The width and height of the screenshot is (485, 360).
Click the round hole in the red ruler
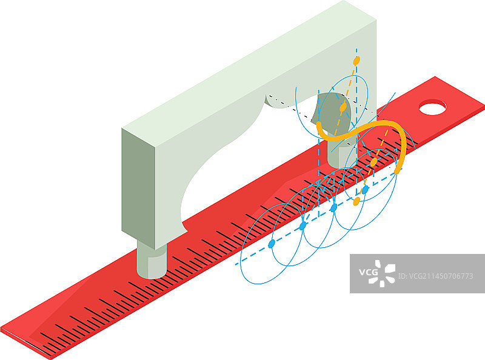tap(432, 107)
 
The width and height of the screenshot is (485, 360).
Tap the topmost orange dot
tap(356, 61)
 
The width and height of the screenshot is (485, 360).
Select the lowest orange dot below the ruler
tap(356, 201)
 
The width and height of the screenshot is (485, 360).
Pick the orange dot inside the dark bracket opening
tap(343, 107)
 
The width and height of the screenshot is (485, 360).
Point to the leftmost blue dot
tap(271, 244)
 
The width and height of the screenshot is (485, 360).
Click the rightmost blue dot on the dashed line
tap(366, 189)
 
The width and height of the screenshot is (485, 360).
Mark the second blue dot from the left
tap(303, 226)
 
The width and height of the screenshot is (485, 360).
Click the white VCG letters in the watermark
tap(368, 273)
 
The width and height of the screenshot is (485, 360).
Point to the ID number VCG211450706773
tap(435, 276)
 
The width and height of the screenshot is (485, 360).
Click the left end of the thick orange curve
tap(319, 124)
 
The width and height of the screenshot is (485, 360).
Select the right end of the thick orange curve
tap(398, 170)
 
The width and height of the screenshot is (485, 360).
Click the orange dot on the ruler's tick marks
tap(373, 162)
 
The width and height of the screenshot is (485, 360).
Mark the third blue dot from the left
tap(333, 207)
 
